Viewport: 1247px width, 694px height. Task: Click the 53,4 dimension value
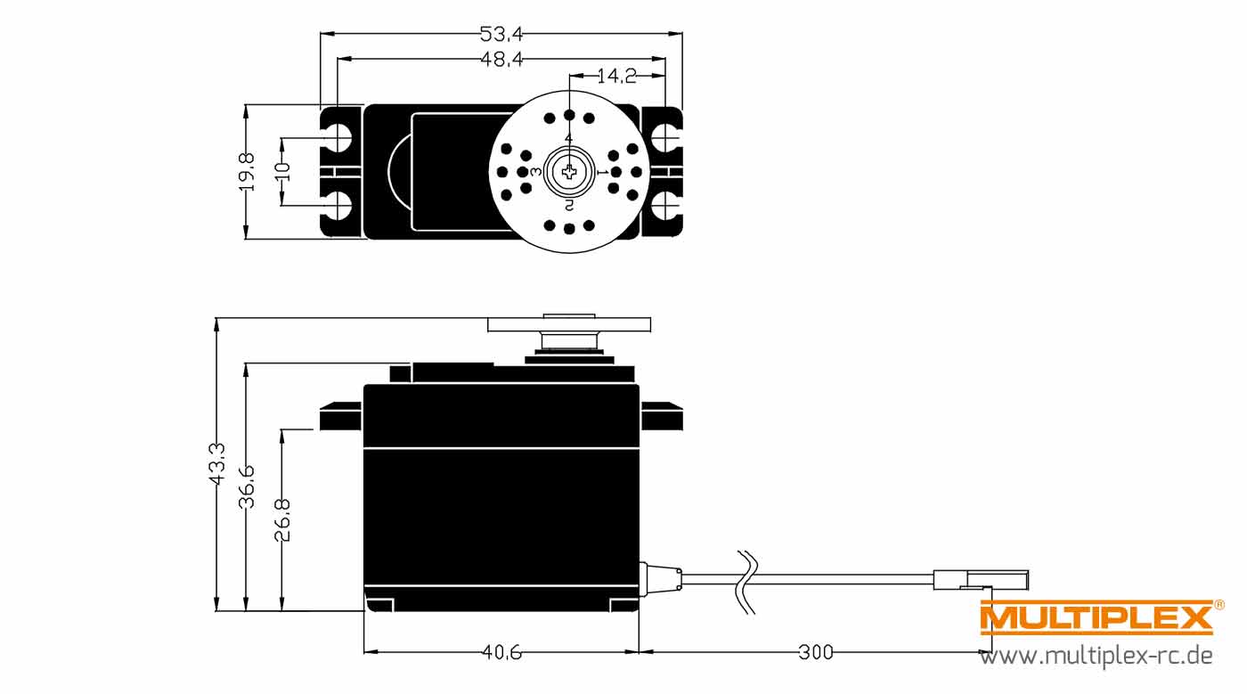point(501,35)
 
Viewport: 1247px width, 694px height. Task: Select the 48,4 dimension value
point(501,59)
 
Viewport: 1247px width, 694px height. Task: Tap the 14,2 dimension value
point(616,76)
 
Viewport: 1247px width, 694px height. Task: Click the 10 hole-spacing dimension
point(283,171)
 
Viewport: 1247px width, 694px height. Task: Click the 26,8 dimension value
point(282,520)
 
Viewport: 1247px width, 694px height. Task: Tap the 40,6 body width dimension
point(501,652)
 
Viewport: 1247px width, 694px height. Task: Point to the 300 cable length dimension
point(816,652)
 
